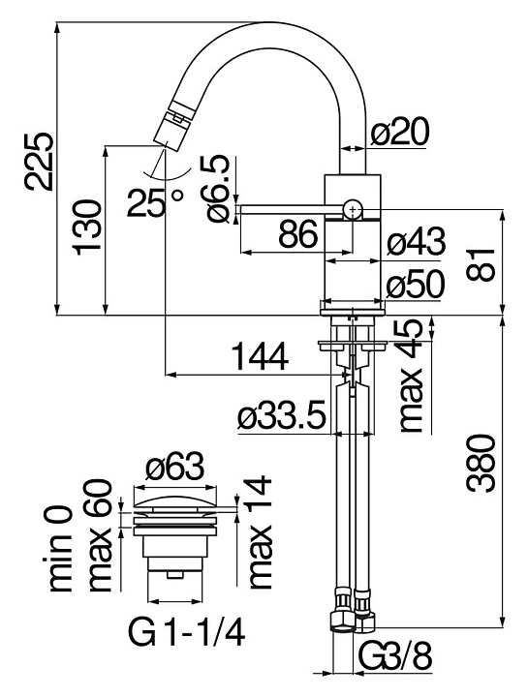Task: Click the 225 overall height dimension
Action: point(39,161)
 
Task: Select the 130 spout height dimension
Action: point(86,227)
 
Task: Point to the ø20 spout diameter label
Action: point(400,132)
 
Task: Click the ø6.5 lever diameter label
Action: point(218,189)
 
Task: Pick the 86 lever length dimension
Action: point(299,234)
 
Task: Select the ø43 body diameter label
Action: point(416,242)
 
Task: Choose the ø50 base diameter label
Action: point(416,285)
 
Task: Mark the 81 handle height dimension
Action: point(481,265)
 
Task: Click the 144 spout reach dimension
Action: point(262,356)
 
